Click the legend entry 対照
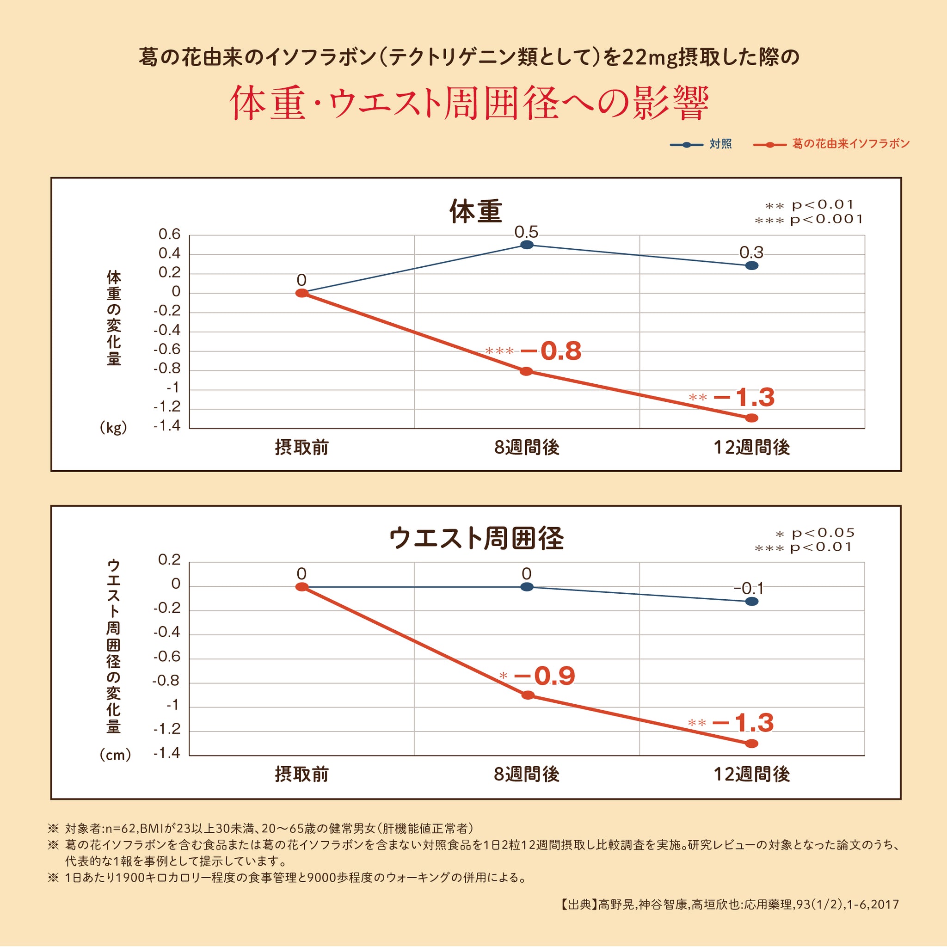point(720,144)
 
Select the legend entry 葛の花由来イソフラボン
point(850,144)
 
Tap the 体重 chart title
point(475,212)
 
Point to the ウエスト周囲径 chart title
point(476,538)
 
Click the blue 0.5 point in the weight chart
point(526,245)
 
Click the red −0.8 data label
point(550,351)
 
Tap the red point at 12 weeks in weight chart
point(751,418)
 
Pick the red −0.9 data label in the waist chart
point(544,676)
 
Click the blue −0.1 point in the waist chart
point(751,602)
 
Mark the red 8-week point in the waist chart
point(528,695)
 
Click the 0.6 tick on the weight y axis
point(170,234)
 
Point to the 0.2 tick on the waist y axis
point(170,560)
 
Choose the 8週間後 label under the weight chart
point(526,448)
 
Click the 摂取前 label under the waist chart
point(301,775)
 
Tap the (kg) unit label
point(113,428)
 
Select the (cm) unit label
point(115,754)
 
